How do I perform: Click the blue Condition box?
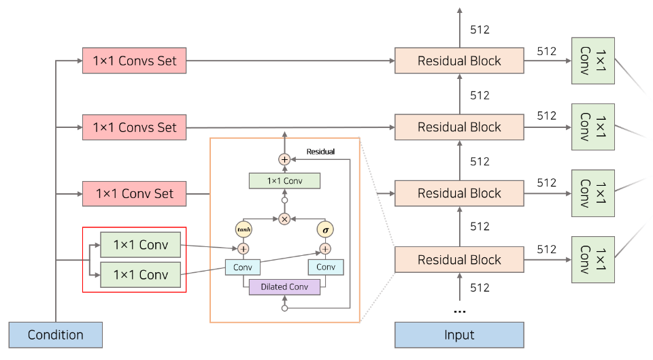tap(55, 335)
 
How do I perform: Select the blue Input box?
tap(459, 335)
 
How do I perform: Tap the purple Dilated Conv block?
tap(284, 287)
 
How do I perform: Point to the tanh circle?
tap(243, 230)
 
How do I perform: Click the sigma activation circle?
tap(325, 230)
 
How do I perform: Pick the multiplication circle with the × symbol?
tap(284, 219)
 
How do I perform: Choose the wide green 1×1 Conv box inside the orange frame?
tap(284, 180)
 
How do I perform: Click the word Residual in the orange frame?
tap(320, 151)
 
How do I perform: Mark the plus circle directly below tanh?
tap(243, 248)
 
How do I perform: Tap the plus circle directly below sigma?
tap(325, 248)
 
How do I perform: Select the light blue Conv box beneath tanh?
tap(243, 267)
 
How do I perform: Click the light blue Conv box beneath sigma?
tap(325, 267)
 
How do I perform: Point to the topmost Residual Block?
tap(459, 61)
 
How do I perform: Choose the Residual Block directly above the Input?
tap(459, 259)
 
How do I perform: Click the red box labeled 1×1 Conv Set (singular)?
tap(134, 193)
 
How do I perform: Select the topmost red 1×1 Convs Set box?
tap(134, 61)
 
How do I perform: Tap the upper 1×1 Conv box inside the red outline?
tap(139, 245)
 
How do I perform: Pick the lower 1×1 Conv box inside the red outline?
tap(139, 275)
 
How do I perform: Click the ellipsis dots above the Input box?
tap(460, 311)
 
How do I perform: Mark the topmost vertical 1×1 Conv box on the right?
tap(593, 61)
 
